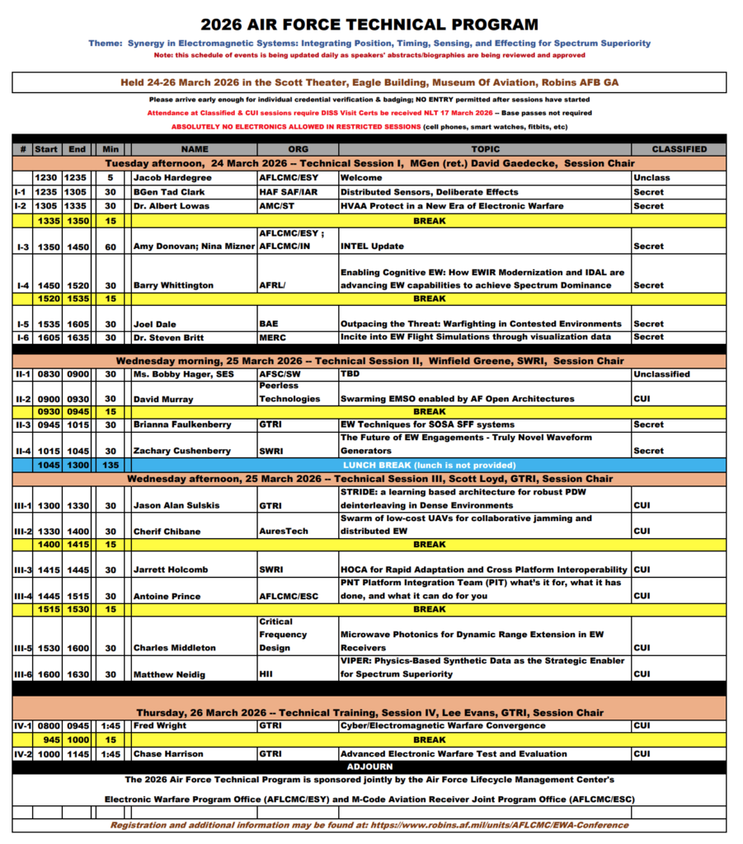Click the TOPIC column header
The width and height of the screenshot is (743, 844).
485,149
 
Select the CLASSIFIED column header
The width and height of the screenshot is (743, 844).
679,149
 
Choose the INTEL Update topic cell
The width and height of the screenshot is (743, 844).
373,246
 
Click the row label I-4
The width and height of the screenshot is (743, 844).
21,285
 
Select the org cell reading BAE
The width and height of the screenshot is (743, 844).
269,324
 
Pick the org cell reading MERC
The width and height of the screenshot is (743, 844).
273,336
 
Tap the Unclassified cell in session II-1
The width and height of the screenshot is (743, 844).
662,373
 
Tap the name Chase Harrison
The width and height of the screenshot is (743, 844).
168,753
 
